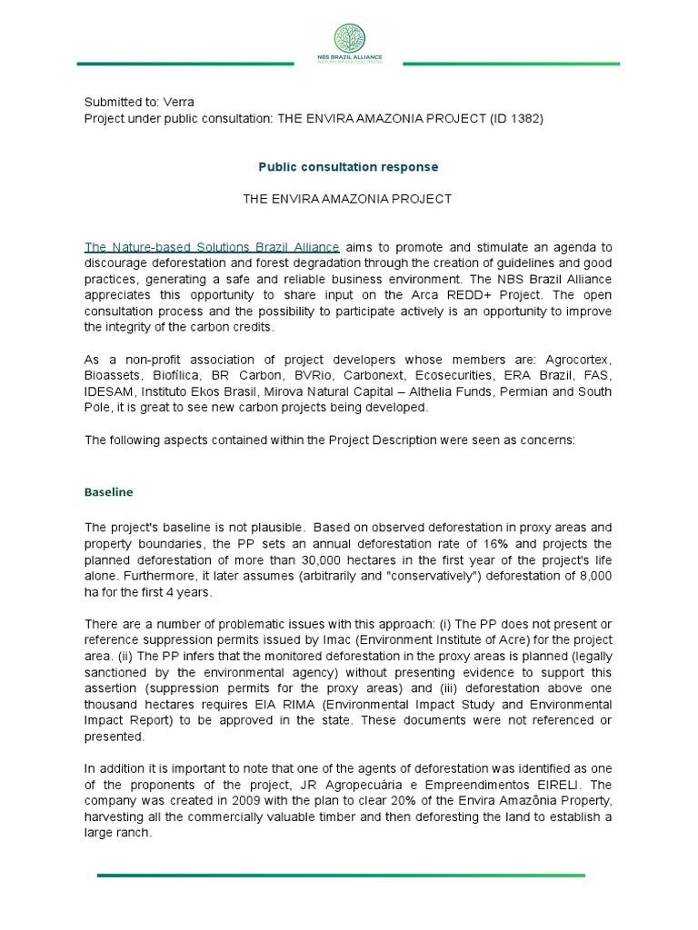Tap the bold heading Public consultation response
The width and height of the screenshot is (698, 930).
348,167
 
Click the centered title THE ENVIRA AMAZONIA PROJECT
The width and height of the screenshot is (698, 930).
347,199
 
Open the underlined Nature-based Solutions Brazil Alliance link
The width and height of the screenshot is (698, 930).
213,247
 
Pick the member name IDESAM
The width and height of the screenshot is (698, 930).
107,391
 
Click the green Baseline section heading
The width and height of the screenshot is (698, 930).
109,492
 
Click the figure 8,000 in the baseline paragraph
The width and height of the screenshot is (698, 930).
592,576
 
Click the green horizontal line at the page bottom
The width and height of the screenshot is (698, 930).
341,876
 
